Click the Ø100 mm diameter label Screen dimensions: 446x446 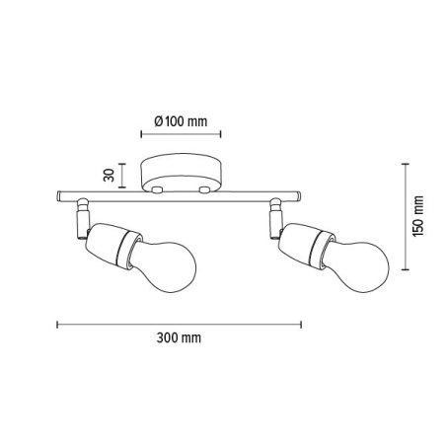coord(182,121)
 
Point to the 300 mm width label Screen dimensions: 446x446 coord(179,337)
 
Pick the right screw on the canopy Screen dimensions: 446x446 coord(204,187)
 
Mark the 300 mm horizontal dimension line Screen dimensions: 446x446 coord(179,323)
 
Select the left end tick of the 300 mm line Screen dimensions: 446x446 coord(57,323)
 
